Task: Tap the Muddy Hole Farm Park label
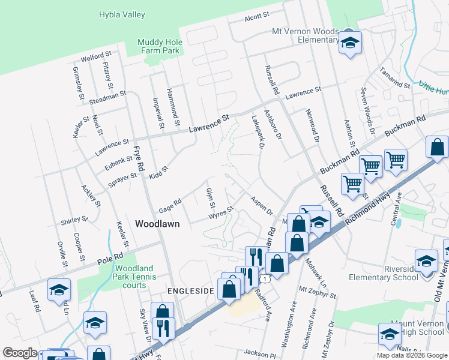158,46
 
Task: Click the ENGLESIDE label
190,290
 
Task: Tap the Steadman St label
106,95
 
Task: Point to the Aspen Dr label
262,205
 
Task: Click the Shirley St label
74,221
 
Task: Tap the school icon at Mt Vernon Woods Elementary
349,42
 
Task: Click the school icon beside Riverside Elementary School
427,260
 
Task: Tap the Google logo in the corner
20,353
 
